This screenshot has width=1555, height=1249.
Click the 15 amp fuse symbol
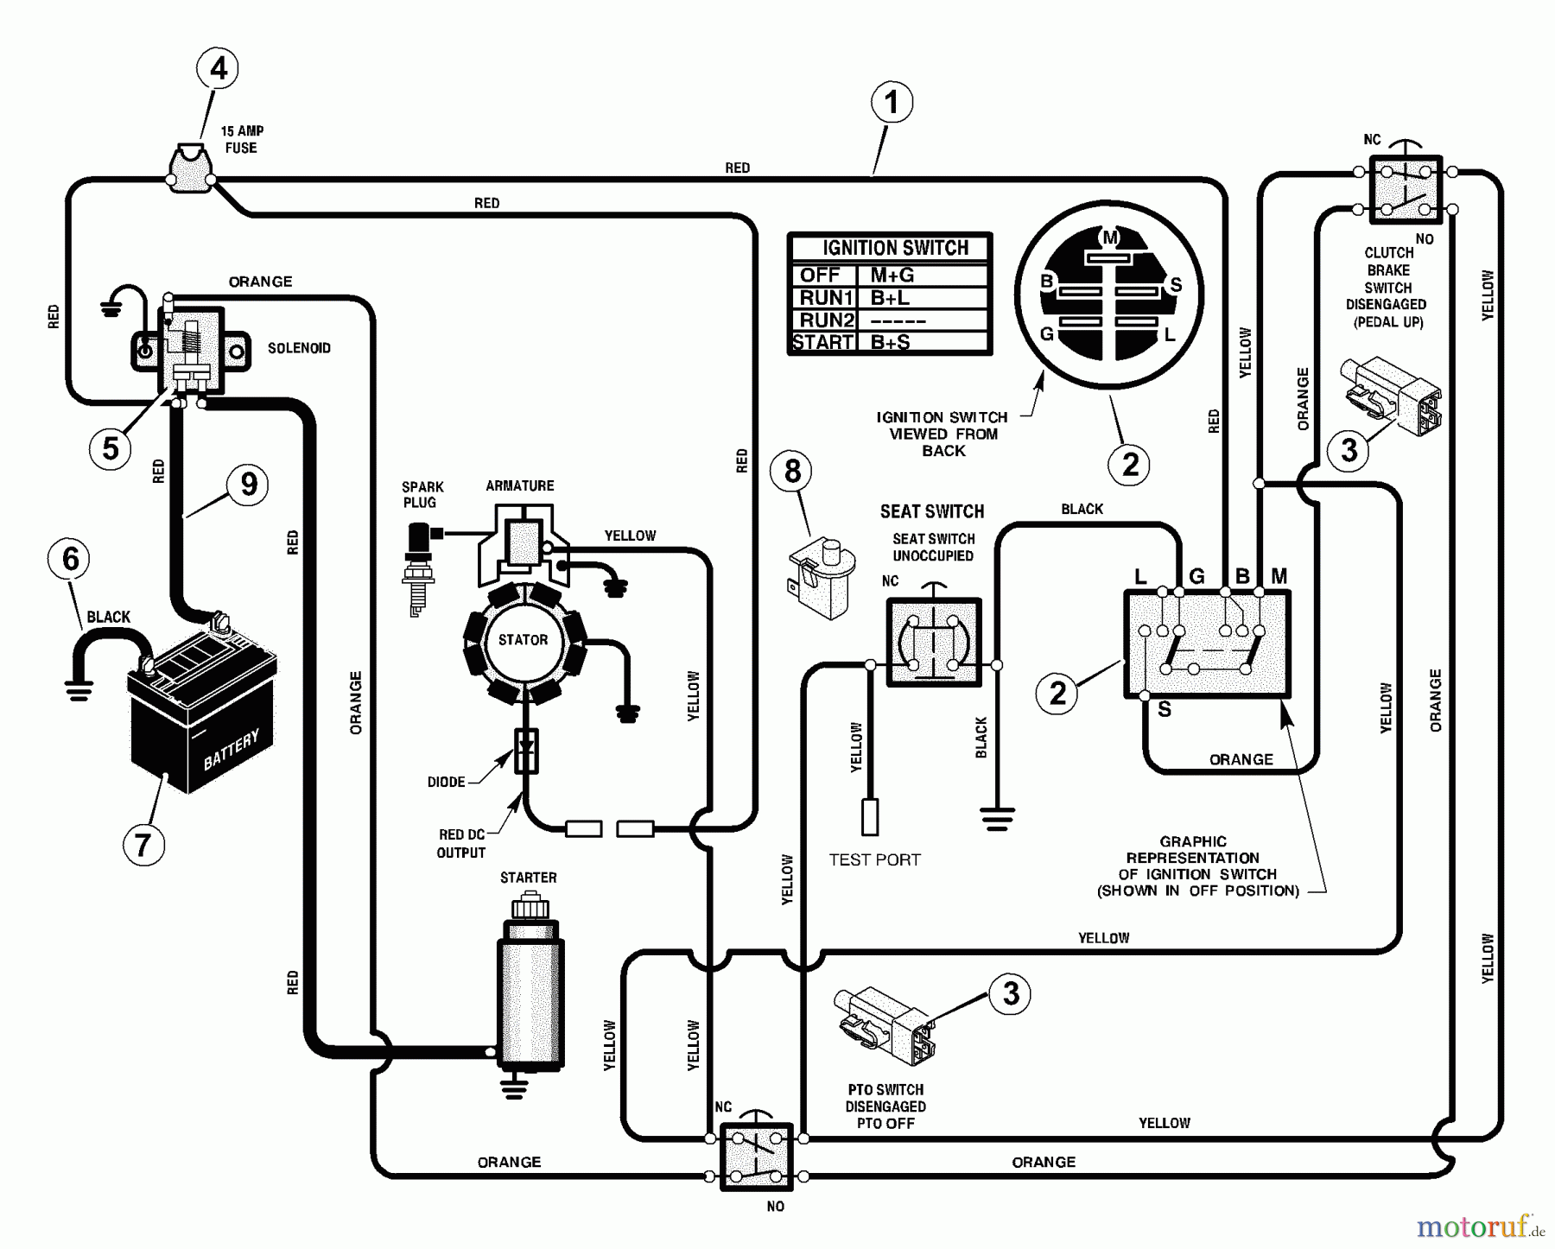pyautogui.click(x=191, y=169)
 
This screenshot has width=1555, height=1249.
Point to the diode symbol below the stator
pyautogui.click(x=525, y=750)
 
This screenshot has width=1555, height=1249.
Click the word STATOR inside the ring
pyautogui.click(x=523, y=640)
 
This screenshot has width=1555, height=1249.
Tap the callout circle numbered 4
pyautogui.click(x=218, y=68)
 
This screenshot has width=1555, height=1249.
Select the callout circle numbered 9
pyautogui.click(x=249, y=484)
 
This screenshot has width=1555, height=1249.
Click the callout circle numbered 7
pyautogui.click(x=143, y=843)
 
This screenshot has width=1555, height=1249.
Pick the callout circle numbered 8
pyautogui.click(x=792, y=471)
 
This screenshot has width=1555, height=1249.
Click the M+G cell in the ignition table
pyautogui.click(x=892, y=276)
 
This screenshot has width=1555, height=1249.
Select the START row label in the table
pyautogui.click(x=822, y=342)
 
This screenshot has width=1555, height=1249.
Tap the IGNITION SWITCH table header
pyautogui.click(x=895, y=248)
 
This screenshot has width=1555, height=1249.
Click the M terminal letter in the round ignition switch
pyautogui.click(x=1109, y=237)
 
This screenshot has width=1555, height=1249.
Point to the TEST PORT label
pyautogui.click(x=874, y=859)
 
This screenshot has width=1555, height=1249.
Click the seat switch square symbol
pyautogui.click(x=933, y=643)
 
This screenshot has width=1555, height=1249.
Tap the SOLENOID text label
pyautogui.click(x=299, y=348)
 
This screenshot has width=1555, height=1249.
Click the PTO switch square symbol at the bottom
pyautogui.click(x=757, y=1156)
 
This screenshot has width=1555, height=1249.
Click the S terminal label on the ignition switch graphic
pyautogui.click(x=1165, y=710)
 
